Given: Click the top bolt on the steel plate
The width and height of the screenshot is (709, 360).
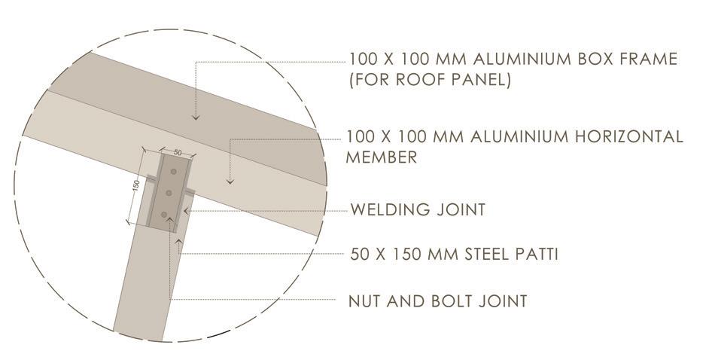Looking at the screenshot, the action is point(174,172).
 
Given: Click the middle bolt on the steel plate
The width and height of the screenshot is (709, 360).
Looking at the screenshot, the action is point(169,194).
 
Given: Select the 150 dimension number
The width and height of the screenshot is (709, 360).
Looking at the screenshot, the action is point(136,186).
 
